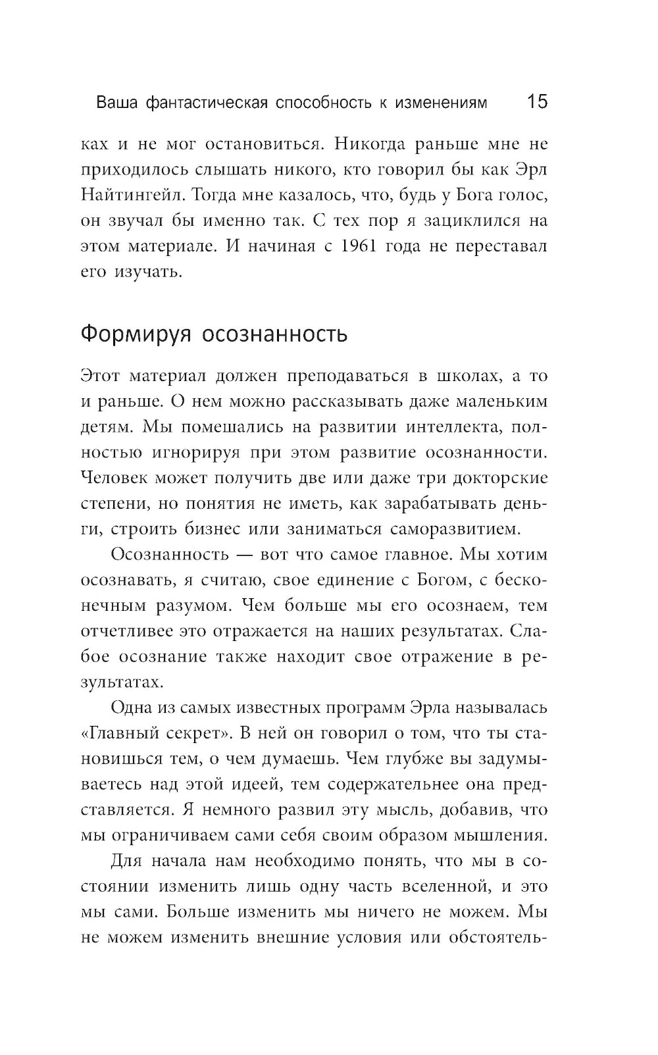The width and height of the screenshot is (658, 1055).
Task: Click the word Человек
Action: pyautogui.click(x=114, y=478)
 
